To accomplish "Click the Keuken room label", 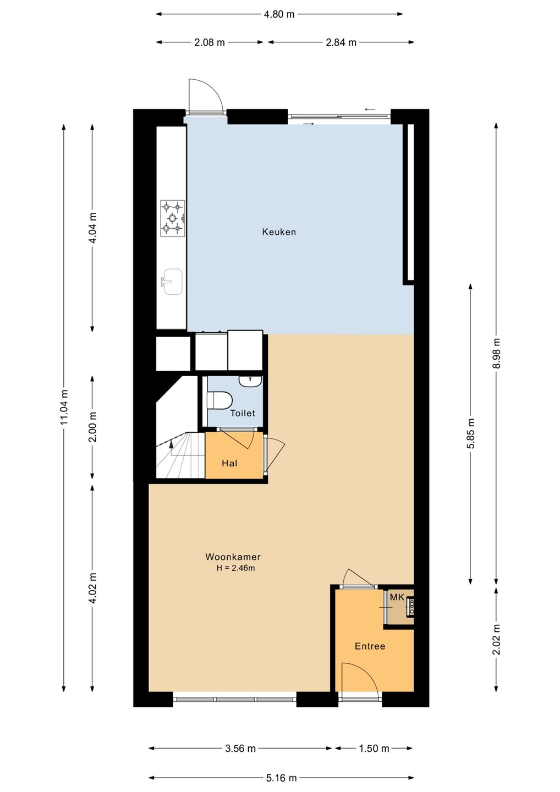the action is [279, 232].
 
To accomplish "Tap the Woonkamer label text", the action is [233, 557].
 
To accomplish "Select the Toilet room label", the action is [243, 413].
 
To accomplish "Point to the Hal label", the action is [229, 463].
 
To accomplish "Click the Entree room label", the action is [370, 646].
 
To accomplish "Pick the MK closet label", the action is [397, 597].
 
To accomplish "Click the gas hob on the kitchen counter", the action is [173, 218].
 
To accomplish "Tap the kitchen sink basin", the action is [173, 282].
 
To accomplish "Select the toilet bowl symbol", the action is [219, 400].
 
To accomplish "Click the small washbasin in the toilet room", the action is [251, 381].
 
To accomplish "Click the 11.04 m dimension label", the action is [64, 408].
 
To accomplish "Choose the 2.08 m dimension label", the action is [209, 42].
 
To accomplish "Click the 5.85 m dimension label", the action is [470, 433].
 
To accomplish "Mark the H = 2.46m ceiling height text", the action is [236, 569].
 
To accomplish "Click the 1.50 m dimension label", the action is [374, 749].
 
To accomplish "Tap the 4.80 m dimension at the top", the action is [279, 14].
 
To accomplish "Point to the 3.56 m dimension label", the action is [240, 749].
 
